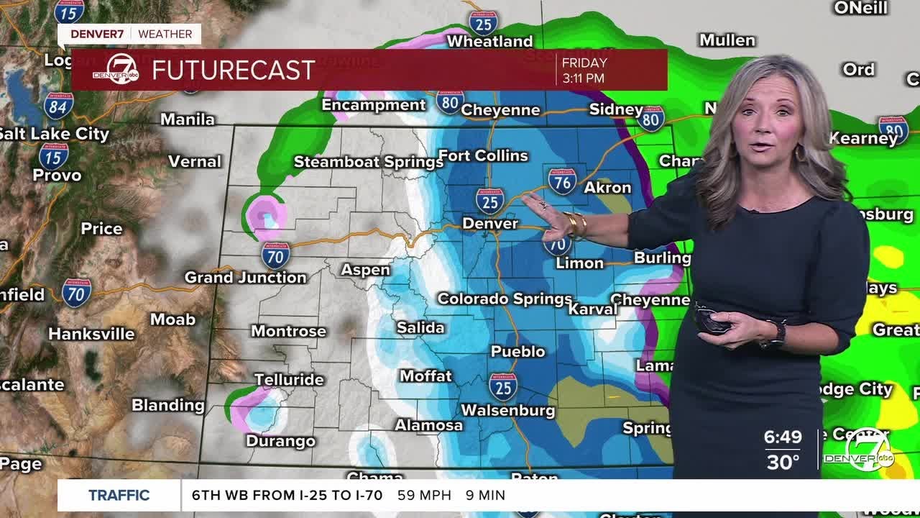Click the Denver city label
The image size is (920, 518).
489,224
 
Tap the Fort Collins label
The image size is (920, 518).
483,155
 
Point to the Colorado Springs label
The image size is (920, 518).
505,298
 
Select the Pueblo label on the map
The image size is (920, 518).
517,352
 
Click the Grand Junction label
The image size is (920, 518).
245,277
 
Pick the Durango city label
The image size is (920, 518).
280,441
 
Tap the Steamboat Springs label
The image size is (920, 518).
368,162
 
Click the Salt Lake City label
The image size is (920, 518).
53,134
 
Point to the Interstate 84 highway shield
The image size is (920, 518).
58,106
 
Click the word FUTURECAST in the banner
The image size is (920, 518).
234,70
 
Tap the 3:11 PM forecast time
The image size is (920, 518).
583,78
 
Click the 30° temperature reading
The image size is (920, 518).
783,461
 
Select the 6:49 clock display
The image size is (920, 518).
783,437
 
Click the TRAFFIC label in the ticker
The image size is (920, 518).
119,495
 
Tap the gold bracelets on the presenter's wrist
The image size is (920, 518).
575,224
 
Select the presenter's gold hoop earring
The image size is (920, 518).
799,153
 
